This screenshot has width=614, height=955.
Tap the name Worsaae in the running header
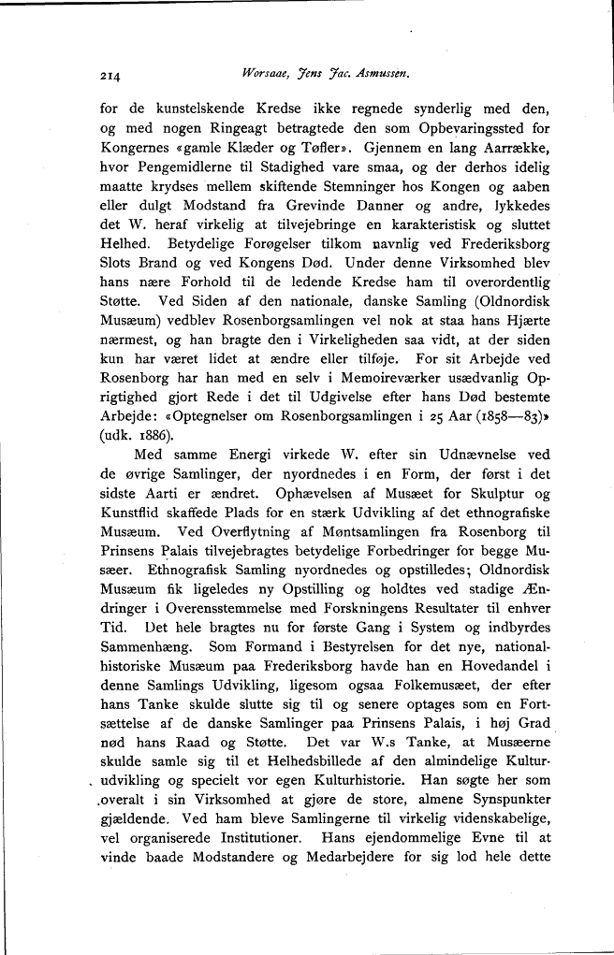pos(268,74)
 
